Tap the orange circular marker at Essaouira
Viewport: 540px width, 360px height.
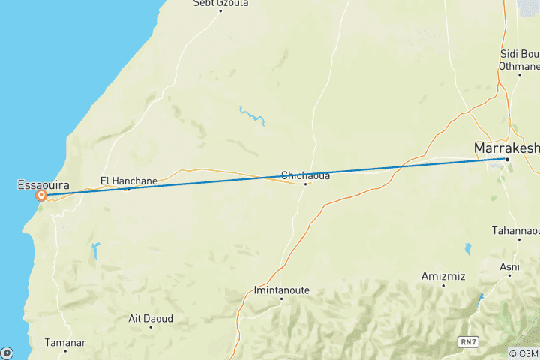[42, 196]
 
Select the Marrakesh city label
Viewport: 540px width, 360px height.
[506, 148]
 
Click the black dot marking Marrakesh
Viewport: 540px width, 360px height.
[506, 159]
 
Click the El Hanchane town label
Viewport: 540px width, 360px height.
[129, 180]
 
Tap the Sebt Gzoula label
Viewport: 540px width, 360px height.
[220, 3]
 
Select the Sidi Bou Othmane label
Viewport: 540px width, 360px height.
[519, 59]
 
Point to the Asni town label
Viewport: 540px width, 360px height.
[509, 266]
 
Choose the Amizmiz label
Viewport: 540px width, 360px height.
[443, 277]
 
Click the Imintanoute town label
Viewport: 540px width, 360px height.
[282, 289]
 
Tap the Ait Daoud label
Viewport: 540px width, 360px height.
[151, 318]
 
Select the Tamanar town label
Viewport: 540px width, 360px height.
[66, 342]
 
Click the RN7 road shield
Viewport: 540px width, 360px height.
[469, 341]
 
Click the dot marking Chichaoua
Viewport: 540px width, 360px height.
[305, 184]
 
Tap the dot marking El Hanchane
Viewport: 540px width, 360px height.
[128, 188]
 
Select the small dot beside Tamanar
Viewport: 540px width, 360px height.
[66, 350]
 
